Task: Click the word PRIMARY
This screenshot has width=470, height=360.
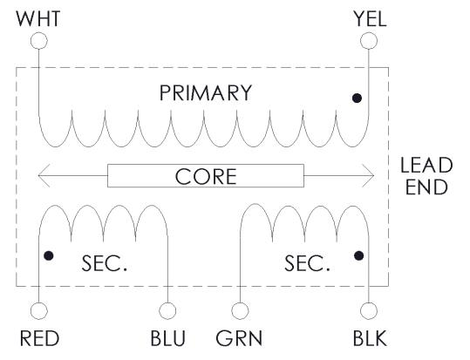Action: point(206,93)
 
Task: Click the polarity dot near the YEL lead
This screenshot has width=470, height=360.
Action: point(357,98)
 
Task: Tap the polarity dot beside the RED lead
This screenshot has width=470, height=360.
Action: point(49,255)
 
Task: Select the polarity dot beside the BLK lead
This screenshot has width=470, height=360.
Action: point(358,255)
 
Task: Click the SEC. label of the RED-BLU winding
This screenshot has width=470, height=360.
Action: point(105,263)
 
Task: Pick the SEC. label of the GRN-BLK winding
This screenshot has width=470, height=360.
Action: point(307,263)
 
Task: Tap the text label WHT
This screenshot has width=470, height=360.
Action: point(38,18)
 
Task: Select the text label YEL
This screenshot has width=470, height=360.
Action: point(370,18)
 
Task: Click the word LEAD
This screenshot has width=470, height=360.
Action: point(426,165)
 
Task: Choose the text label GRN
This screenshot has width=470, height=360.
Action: point(239,338)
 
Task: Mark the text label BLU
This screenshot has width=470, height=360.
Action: point(167,338)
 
